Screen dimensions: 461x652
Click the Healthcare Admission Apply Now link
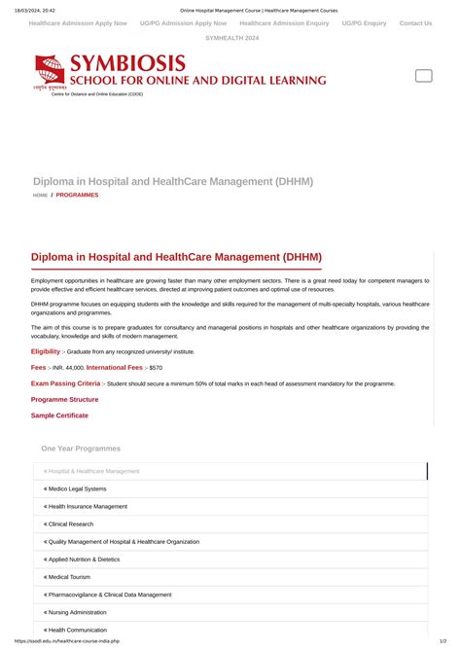click(x=78, y=22)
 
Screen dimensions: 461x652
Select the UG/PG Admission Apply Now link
click(x=183, y=22)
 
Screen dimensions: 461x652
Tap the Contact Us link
click(x=415, y=22)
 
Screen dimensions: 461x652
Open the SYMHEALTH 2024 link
click(x=230, y=38)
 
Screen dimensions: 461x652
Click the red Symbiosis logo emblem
click(x=50, y=70)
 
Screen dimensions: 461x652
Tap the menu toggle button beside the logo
click(x=424, y=76)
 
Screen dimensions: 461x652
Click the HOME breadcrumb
click(x=40, y=196)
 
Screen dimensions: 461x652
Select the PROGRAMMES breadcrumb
click(x=77, y=196)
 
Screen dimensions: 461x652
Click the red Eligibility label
click(x=46, y=351)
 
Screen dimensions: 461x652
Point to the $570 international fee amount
click(x=156, y=368)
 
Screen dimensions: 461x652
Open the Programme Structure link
click(x=64, y=400)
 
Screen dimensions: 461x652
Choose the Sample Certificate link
click(x=59, y=416)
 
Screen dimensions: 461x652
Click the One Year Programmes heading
click(x=81, y=449)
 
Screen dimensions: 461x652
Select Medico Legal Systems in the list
click(x=76, y=489)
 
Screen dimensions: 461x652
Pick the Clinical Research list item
click(x=71, y=524)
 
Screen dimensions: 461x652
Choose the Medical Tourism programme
click(x=69, y=577)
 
